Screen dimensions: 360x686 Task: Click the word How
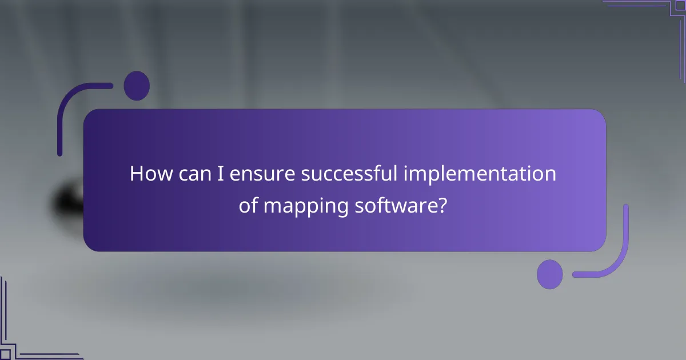[150, 173]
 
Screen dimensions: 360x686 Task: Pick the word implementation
[480, 173]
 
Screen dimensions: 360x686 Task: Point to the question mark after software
[441, 206]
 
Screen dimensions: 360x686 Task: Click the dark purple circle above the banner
[137, 86]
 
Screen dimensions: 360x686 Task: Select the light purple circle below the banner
[550, 274]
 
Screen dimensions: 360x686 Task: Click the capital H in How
[137, 173]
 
